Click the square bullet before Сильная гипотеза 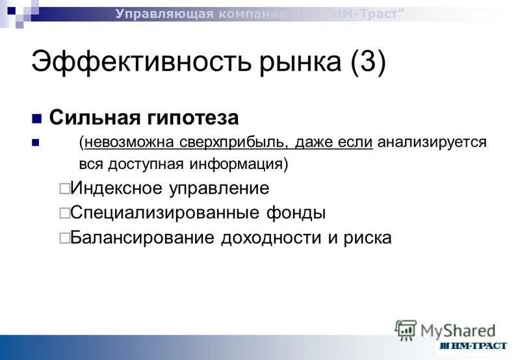(x=36, y=119)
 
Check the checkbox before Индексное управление (x=64, y=189)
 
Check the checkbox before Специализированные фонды (x=64, y=213)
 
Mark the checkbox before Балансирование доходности (x=64, y=238)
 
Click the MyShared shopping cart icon (x=406, y=330)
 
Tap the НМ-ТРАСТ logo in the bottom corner (x=473, y=346)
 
